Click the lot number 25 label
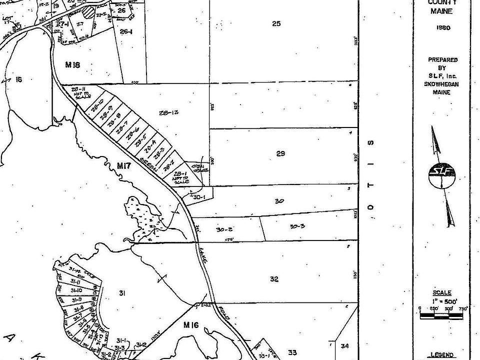[276, 23]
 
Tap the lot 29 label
[280, 153]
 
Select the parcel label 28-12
[169, 113]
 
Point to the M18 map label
[72, 65]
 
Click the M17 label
[123, 165]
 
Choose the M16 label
[191, 325]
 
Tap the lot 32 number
[274, 279]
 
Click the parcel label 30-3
[297, 226]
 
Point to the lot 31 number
[121, 293]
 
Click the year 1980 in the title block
[443, 28]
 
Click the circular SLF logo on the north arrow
[442, 174]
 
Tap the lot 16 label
[19, 79]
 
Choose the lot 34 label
[345, 346]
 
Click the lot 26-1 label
[126, 31]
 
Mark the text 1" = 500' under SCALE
[442, 301]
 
